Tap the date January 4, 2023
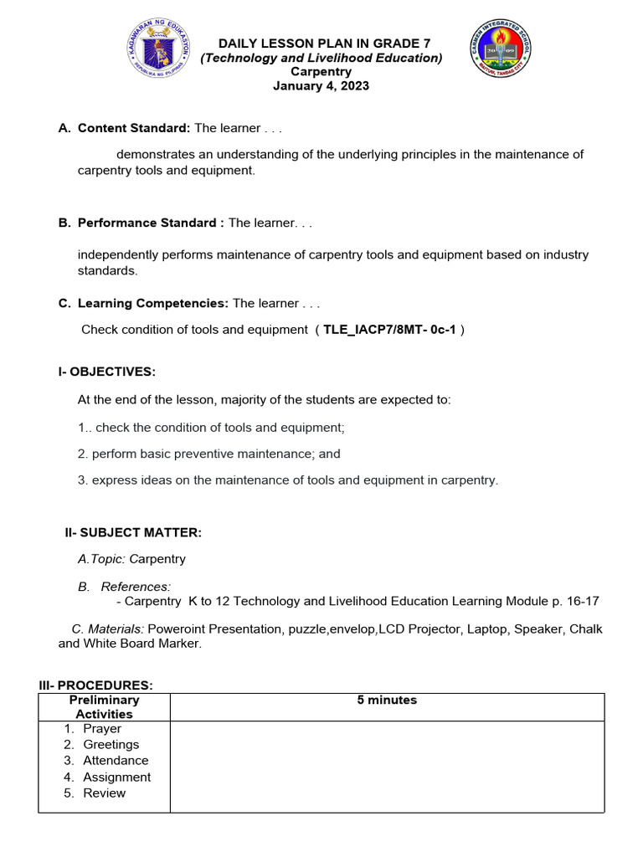click(321, 85)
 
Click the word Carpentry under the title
click(321, 72)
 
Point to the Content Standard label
click(134, 128)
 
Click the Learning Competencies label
click(152, 303)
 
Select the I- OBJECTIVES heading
click(106, 372)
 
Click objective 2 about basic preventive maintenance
click(209, 454)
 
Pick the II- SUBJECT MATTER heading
click(133, 532)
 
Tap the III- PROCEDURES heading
click(95, 685)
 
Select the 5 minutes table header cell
click(387, 700)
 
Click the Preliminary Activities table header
click(105, 706)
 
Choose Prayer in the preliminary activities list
click(102, 728)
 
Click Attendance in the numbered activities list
click(116, 760)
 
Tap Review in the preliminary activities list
click(104, 793)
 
